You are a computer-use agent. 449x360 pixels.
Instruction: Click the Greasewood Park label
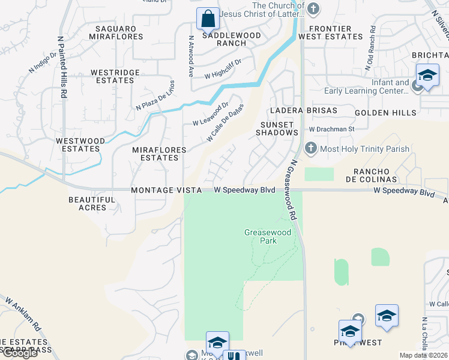tap(261, 236)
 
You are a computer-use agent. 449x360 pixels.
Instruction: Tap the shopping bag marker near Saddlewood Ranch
tap(208, 19)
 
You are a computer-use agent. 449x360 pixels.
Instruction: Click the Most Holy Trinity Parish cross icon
tap(310, 148)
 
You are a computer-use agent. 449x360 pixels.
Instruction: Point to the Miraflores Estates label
tap(160, 153)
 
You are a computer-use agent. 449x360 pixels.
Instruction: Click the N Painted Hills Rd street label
tap(61, 66)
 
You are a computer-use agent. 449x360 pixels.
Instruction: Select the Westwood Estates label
tap(77, 145)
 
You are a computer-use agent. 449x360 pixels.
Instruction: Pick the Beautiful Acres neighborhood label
tap(92, 203)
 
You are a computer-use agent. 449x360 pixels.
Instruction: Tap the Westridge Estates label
tap(115, 76)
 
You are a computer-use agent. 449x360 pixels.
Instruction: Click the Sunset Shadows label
tap(277, 128)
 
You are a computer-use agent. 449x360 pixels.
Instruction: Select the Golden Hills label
tap(385, 113)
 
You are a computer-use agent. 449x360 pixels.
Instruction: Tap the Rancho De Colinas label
tap(371, 175)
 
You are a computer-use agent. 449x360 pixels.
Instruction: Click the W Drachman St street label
tap(331, 129)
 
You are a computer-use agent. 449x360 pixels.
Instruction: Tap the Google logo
tap(19, 353)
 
